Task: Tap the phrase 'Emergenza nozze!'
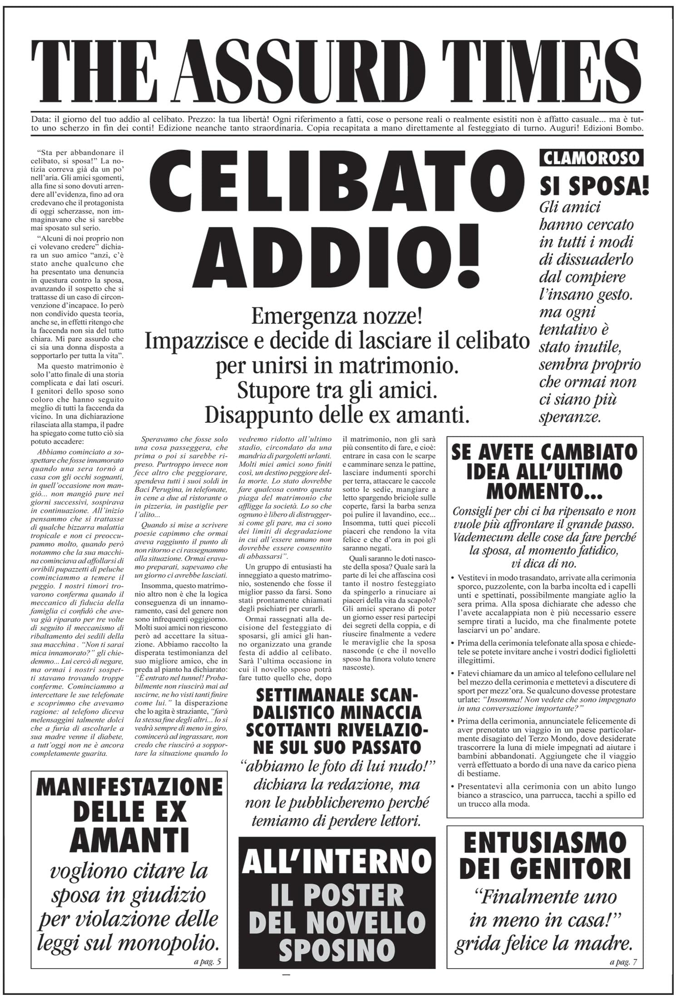point(336,317)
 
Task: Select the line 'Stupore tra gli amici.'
point(337,391)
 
